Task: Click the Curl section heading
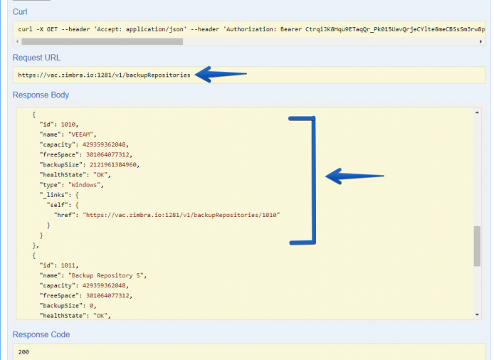point(20,12)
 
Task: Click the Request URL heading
point(36,58)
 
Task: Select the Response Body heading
point(41,95)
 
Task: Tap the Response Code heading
point(41,334)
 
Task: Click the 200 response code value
point(23,351)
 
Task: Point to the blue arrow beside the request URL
point(221,74)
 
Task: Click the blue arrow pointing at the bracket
point(354,176)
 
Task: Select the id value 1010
point(68,125)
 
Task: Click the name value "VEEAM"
point(80,134)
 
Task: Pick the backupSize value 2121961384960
point(113,165)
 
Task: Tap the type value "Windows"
point(84,185)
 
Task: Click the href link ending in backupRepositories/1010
point(181,215)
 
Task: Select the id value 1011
point(68,265)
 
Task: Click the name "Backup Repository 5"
point(107,275)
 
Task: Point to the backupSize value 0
point(91,305)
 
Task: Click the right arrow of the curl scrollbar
point(480,41)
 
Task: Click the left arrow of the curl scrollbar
point(17,41)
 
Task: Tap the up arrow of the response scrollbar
point(477,112)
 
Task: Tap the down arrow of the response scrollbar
point(477,314)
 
